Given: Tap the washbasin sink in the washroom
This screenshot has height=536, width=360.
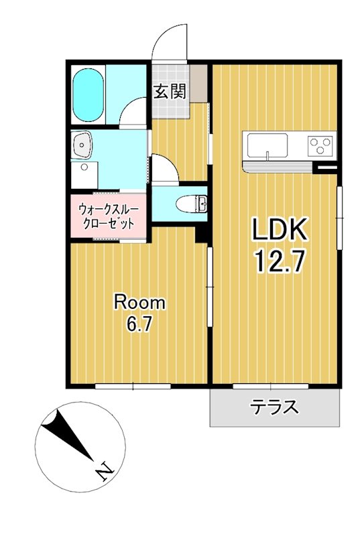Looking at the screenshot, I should click(x=83, y=144).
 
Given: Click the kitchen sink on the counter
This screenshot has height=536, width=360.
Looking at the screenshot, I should click(x=267, y=144).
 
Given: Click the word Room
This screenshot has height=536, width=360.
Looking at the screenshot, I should click(x=139, y=302).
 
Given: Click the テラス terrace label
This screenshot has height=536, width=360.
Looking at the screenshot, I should click(x=274, y=407).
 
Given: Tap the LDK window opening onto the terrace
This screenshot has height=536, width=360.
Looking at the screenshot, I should click(x=271, y=387).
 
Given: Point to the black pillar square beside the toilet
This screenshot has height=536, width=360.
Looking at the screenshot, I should click(x=200, y=234).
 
